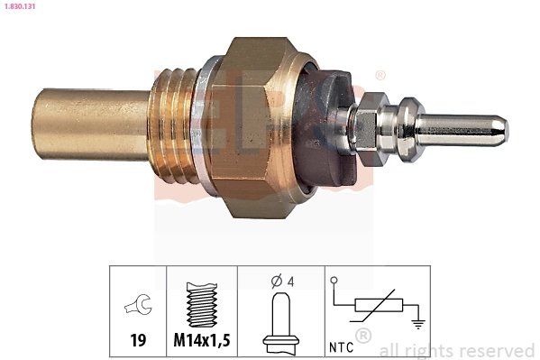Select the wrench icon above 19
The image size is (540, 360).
click(139, 309)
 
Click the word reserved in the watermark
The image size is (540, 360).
click(500, 350)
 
